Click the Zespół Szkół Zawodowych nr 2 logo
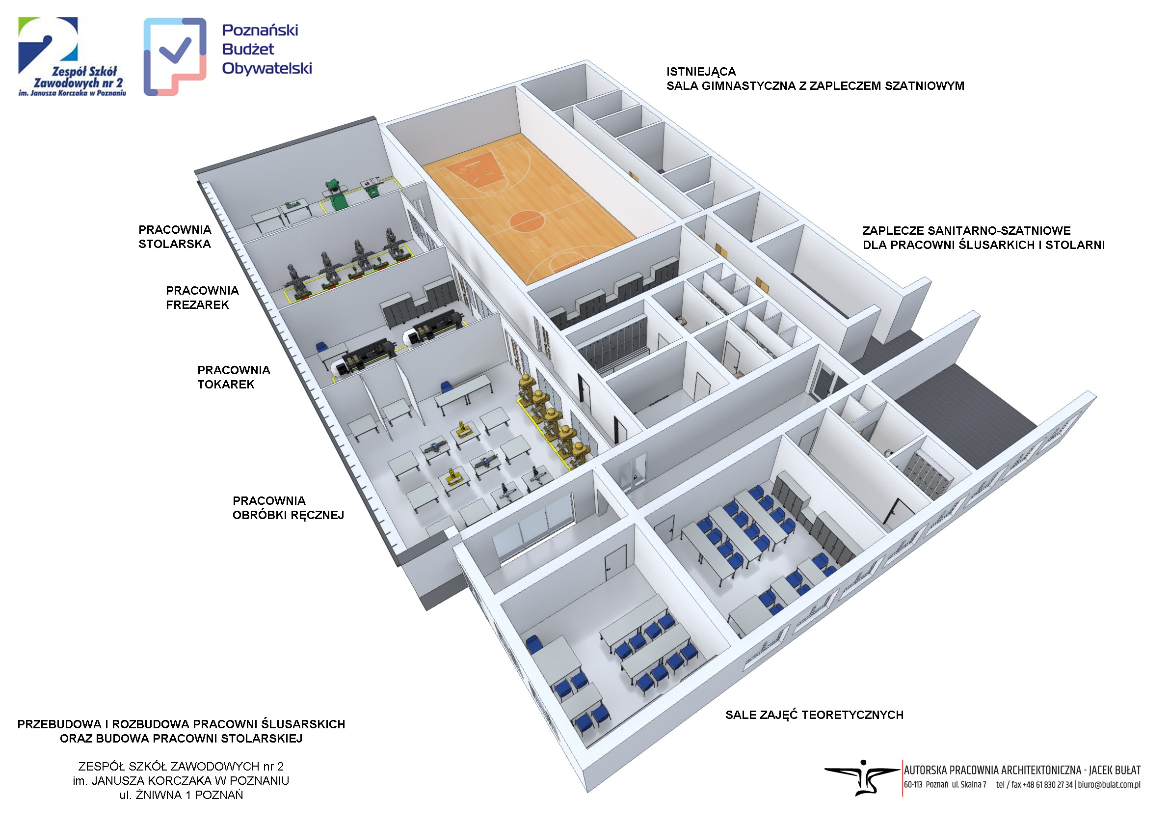click(72, 56)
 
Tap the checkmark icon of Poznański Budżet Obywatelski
click(175, 50)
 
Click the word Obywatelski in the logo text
click(267, 68)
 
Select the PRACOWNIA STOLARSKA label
click(175, 237)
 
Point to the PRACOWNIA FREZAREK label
click(202, 298)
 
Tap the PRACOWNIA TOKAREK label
click(234, 377)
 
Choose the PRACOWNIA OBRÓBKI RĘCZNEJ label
click(289, 508)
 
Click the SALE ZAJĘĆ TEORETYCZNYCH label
click(814, 715)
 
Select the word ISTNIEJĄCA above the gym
click(701, 71)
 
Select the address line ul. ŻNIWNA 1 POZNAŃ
click(182, 795)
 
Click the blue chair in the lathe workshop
click(321, 347)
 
